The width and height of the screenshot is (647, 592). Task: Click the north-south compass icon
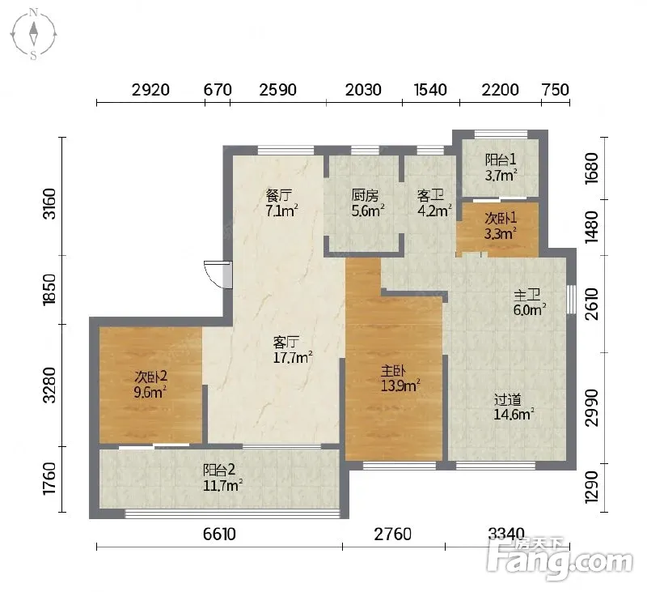click(x=33, y=35)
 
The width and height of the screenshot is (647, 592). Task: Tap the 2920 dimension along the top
click(x=150, y=90)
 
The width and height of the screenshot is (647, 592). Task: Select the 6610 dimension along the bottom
click(x=219, y=535)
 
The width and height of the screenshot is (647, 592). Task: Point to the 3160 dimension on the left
click(x=49, y=203)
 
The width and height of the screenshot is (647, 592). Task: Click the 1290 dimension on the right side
click(x=592, y=487)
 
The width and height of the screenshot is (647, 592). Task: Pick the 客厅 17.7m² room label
click(x=292, y=350)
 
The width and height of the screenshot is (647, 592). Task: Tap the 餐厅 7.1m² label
click(x=281, y=202)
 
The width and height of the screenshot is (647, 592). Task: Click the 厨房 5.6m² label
click(x=368, y=202)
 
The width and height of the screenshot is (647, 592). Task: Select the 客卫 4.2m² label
click(x=433, y=202)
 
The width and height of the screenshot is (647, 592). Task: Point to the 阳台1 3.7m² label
click(x=501, y=168)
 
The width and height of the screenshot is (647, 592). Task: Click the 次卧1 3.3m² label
click(x=501, y=226)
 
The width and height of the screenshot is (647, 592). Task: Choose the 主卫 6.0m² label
click(x=530, y=302)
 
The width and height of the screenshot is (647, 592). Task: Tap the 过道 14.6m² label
click(x=514, y=407)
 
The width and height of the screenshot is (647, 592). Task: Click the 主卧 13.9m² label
click(x=400, y=378)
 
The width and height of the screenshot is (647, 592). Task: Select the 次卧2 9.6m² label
click(x=150, y=384)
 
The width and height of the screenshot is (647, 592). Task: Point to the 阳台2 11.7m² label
click(x=222, y=478)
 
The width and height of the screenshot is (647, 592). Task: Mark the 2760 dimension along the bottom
click(x=393, y=535)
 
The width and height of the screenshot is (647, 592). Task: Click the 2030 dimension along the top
click(x=363, y=90)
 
